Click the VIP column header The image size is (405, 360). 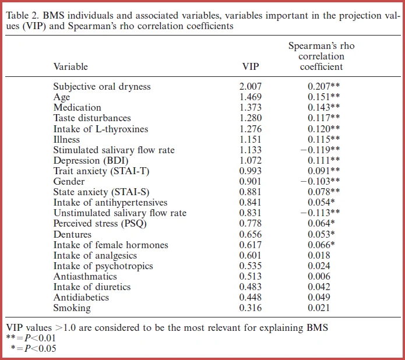pyautogui.click(x=250, y=66)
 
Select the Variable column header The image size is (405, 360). pyautogui.click(x=71, y=66)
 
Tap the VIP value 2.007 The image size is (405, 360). pyautogui.click(x=250, y=86)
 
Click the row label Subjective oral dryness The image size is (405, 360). pyautogui.click(x=102, y=87)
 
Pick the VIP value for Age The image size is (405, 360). pyautogui.click(x=250, y=97)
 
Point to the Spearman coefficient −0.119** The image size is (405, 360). pyautogui.click(x=321, y=150)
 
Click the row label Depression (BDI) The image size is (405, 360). pyautogui.click(x=91, y=161)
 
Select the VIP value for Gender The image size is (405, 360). pyautogui.click(x=250, y=181)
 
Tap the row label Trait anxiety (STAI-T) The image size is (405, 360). pyautogui.click(x=101, y=171)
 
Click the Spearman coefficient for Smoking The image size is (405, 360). pyautogui.click(x=319, y=308)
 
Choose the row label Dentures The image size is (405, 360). pyautogui.click(x=72, y=234)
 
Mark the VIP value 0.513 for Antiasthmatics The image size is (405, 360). pyautogui.click(x=250, y=276)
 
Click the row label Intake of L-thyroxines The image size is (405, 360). pyautogui.click(x=101, y=129)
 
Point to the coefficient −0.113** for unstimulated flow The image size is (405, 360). pyautogui.click(x=321, y=213)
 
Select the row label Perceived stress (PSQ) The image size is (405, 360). pyautogui.click(x=100, y=224)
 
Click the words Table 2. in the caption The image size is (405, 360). pyautogui.click(x=22, y=16)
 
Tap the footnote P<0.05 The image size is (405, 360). pyautogui.click(x=40, y=348)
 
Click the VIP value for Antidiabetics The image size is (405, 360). pyautogui.click(x=250, y=297)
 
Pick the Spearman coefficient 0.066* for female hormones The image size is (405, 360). pyautogui.click(x=321, y=245)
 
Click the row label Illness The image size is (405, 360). pyautogui.click(x=66, y=139)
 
